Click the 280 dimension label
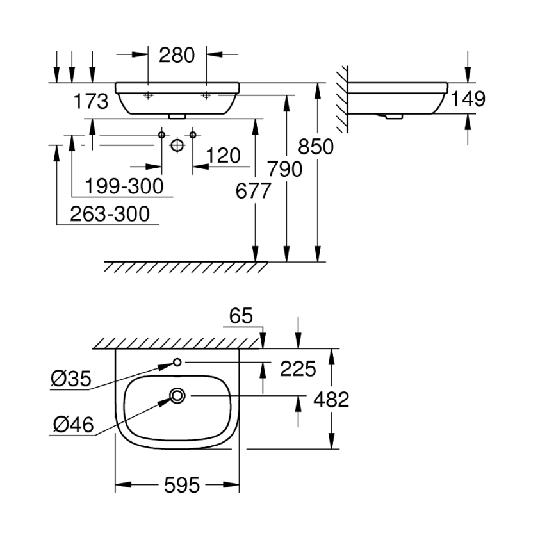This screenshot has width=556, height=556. (177, 56)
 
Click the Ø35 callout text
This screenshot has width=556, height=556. (70, 380)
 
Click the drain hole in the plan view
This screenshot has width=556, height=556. (177, 396)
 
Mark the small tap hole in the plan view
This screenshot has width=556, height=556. (177, 363)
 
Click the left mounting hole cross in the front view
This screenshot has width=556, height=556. (148, 95)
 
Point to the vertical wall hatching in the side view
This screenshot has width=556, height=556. (343, 99)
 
